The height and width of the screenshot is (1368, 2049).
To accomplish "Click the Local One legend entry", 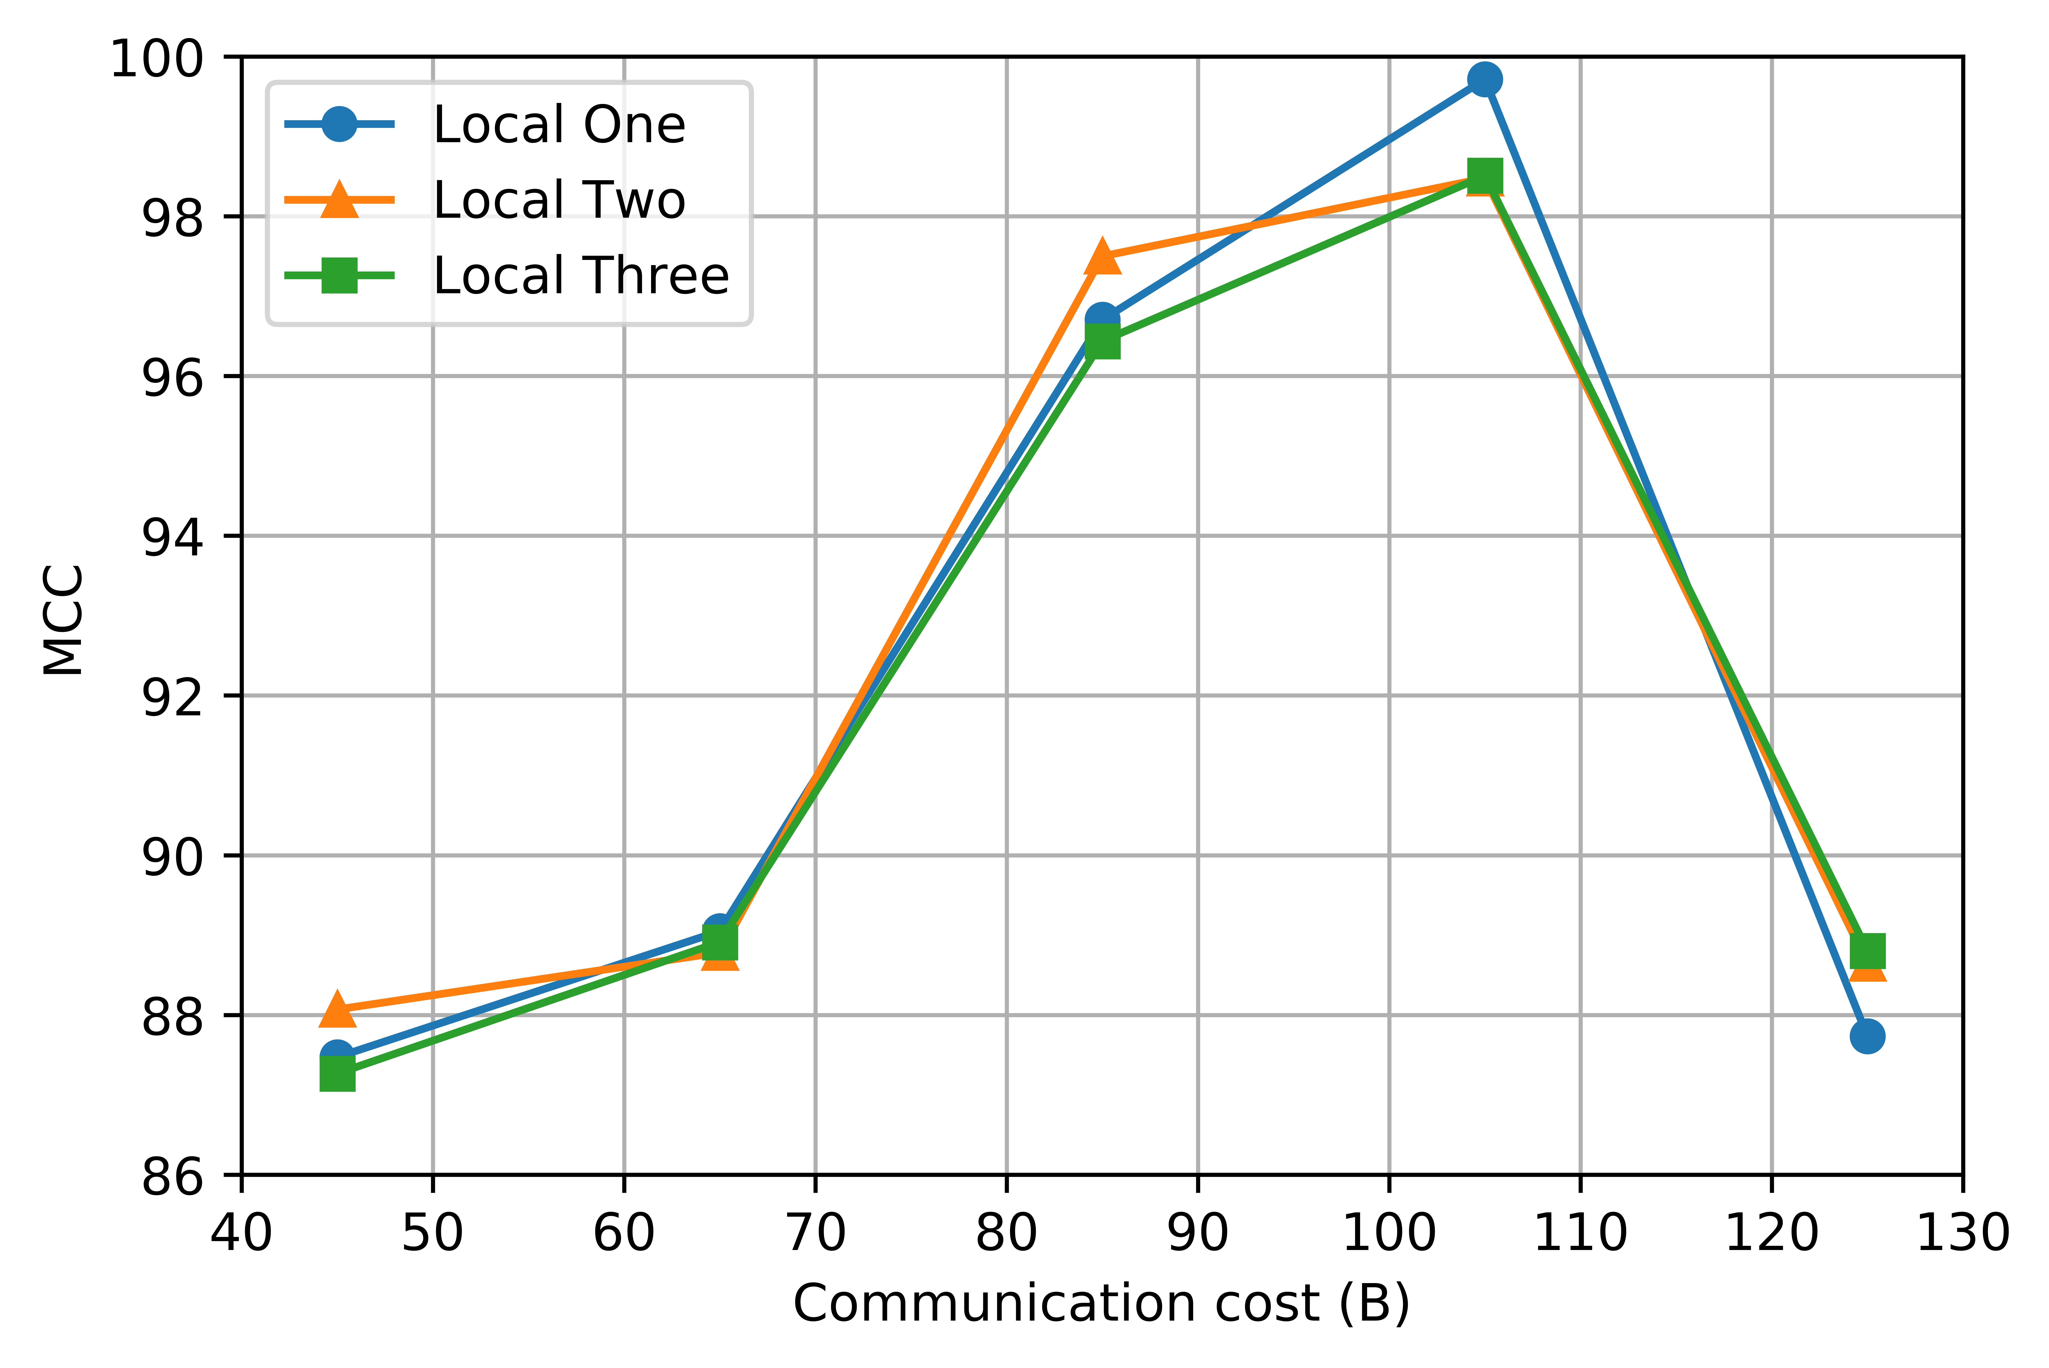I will pos(558,125).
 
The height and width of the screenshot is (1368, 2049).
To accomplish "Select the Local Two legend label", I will pos(558,200).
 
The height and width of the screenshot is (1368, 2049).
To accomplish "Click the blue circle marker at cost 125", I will pos(1867,1036).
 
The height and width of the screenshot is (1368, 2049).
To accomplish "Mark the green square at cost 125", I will pos(1867,951).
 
